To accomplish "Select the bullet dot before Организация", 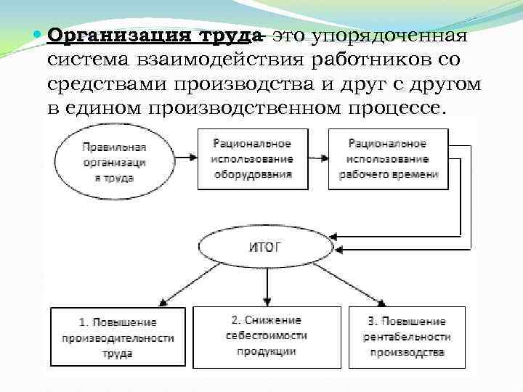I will click(x=38, y=35).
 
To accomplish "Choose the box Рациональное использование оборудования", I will click(x=252, y=159).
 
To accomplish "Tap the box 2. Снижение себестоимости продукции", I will click(x=266, y=335).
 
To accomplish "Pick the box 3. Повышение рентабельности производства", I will click(x=407, y=337).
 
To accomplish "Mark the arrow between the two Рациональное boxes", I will click(x=317, y=156).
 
